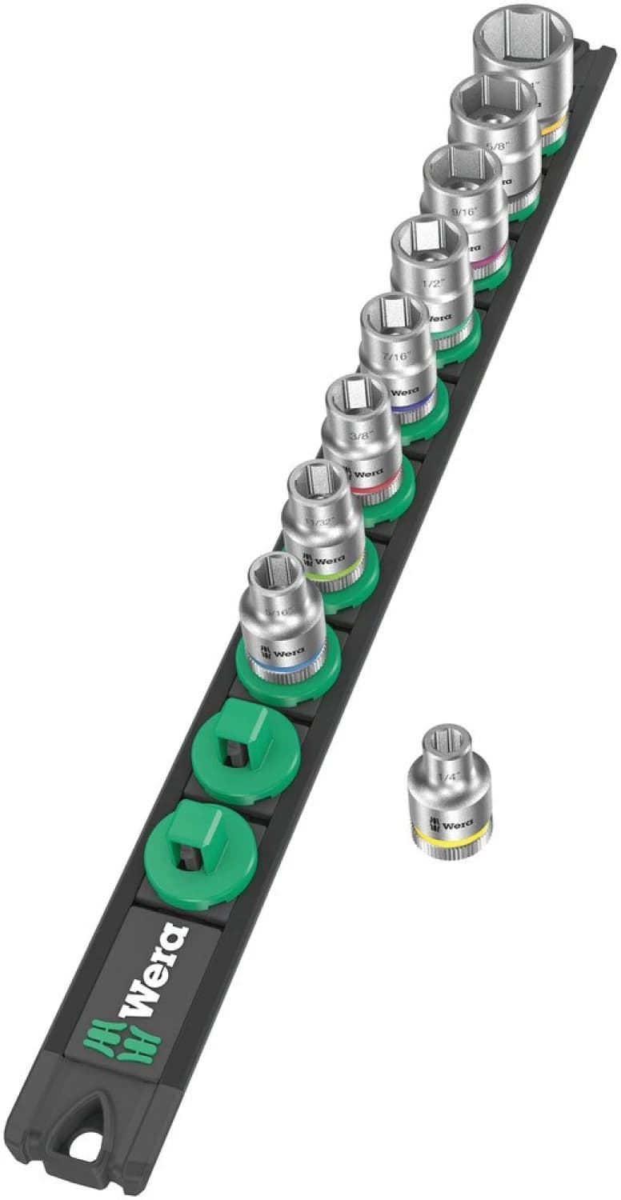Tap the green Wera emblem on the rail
click(x=122, y=1038)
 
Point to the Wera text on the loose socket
click(x=453, y=822)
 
